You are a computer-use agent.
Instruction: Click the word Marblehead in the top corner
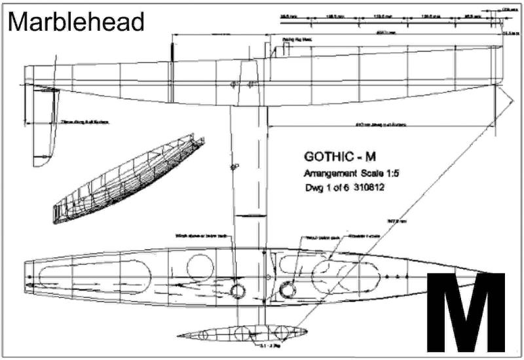76,22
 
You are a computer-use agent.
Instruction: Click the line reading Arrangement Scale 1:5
351,174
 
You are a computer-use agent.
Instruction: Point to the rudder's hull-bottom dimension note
85,122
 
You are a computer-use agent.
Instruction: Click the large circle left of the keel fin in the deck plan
200,267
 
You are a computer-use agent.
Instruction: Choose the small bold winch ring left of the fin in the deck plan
237,289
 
